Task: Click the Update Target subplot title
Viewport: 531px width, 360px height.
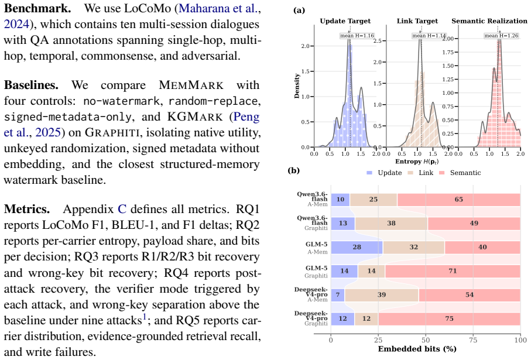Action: pyautogui.click(x=345, y=21)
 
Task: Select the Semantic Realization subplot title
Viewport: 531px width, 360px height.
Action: pyautogui.click(x=489, y=21)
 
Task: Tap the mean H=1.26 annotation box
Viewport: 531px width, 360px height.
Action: pyautogui.click(x=501, y=36)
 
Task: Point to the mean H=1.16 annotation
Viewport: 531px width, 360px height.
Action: pyautogui.click(x=357, y=36)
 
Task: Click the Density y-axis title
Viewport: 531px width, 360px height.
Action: pyautogui.click(x=297, y=86)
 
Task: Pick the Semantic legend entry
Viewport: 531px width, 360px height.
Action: pyautogui.click(x=460, y=173)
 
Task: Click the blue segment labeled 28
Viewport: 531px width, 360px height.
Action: pyautogui.click(x=357, y=247)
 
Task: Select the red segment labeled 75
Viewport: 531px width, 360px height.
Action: pyautogui.click(x=450, y=318)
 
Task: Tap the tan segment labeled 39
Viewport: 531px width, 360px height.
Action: pyautogui.click(x=382, y=295)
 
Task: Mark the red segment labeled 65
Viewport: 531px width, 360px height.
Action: pyautogui.click(x=459, y=200)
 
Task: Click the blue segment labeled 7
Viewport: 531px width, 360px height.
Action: pyautogui.click(x=338, y=295)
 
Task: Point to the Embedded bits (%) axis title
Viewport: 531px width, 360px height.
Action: pyautogui.click(x=417, y=349)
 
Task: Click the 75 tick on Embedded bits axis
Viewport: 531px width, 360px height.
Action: pyautogui.click(x=473, y=340)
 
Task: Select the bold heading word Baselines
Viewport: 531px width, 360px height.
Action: pyautogui.click(x=31, y=85)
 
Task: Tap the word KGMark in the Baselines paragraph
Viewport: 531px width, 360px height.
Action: pyautogui.click(x=195, y=117)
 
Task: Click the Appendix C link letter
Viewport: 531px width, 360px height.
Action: pyautogui.click(x=122, y=210)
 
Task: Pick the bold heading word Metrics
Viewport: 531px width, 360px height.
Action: pyautogui.click(x=27, y=210)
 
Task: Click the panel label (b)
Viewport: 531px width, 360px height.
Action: pyautogui.click(x=294, y=170)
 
